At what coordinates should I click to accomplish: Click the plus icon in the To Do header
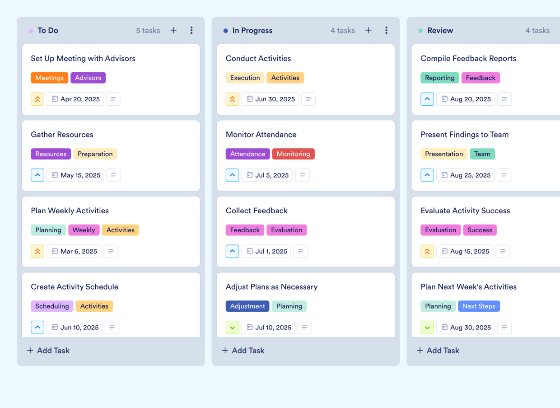point(173,30)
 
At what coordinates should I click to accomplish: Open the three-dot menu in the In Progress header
point(386,30)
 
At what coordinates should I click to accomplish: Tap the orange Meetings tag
point(49,78)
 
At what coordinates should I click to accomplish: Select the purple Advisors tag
point(88,78)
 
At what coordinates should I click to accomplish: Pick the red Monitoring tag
point(293,154)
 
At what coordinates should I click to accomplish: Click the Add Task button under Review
point(438,350)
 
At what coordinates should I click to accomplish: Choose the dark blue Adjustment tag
point(247,306)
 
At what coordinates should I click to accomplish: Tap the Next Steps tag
point(479,306)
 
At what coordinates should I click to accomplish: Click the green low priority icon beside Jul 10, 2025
point(232,328)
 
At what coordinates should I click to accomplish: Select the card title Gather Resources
point(62,135)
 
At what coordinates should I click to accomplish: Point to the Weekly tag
point(84,230)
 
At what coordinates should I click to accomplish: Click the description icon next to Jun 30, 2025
point(308,99)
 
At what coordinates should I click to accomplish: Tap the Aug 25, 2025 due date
point(465,175)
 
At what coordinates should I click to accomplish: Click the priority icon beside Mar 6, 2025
point(37,251)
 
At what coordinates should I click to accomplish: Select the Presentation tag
point(444,154)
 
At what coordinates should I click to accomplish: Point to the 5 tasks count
point(148,31)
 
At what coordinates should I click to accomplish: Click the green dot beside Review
point(420,31)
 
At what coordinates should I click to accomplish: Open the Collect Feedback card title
point(257,211)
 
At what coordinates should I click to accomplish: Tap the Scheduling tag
point(52,306)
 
